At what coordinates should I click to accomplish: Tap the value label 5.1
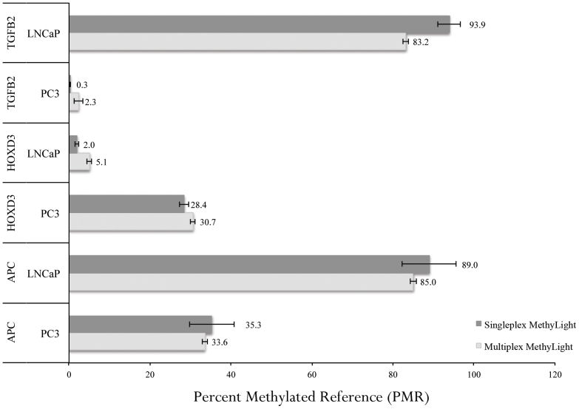[102, 161]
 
